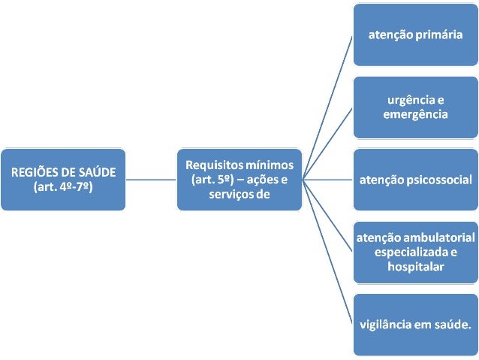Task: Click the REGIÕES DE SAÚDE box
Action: click(62, 179)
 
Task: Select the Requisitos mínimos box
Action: click(239, 179)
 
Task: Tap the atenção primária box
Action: click(414, 35)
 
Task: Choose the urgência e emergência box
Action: click(414, 107)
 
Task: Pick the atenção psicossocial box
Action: click(414, 180)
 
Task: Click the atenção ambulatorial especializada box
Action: click(414, 252)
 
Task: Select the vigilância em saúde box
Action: click(414, 325)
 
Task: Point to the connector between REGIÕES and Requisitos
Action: click(150, 180)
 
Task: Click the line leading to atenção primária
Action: click(328, 105)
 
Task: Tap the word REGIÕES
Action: click(35, 171)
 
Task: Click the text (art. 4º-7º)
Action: click(62, 186)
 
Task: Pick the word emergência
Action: click(414, 114)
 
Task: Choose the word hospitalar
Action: click(414, 266)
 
